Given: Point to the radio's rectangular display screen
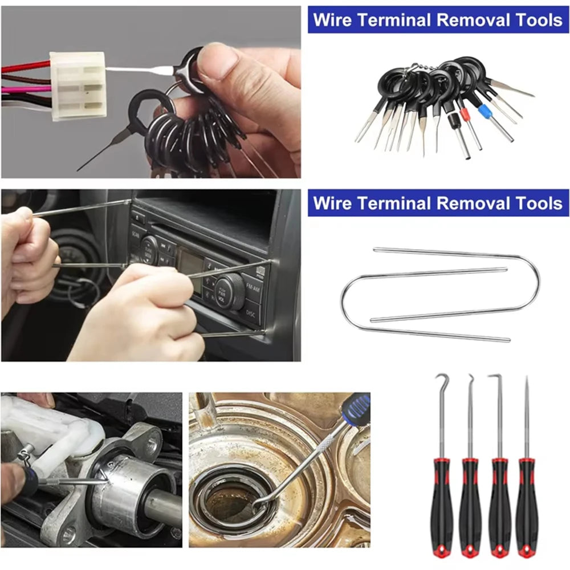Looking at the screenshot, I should tap(189, 263).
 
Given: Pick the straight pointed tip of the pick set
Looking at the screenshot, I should tap(526, 393).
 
